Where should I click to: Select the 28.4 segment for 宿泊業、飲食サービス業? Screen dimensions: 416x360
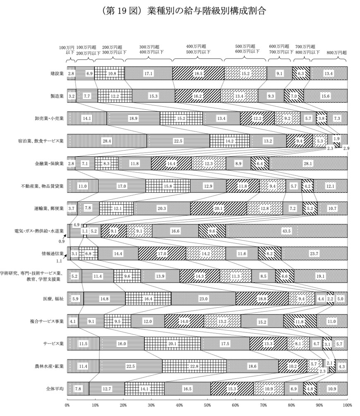(107, 141)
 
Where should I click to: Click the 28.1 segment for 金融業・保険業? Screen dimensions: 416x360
(308, 163)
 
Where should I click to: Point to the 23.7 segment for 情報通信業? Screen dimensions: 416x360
(314, 253)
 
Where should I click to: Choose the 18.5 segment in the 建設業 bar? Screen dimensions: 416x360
(198, 73)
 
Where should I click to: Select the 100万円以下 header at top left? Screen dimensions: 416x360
(67, 50)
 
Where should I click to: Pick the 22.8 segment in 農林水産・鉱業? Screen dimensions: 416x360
(194, 366)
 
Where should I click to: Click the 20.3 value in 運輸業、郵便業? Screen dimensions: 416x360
(162, 208)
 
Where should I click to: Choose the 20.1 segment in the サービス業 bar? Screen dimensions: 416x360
(172, 343)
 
